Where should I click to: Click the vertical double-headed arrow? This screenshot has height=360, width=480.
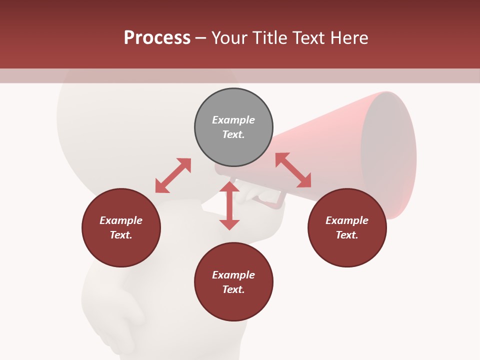pos(229,205)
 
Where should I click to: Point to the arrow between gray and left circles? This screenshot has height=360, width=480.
pos(173,175)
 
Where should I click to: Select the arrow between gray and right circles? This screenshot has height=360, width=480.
pos(293,170)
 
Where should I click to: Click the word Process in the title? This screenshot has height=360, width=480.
pos(157,38)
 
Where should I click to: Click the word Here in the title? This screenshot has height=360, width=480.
pos(348,38)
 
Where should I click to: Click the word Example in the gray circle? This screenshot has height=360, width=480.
pos(233,120)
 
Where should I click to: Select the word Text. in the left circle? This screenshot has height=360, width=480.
pos(121,235)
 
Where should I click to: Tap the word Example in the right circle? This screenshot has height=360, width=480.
pos(347,220)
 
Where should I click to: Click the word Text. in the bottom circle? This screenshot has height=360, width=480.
pos(233,289)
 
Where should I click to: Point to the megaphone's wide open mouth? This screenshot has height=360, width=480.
pos(388,155)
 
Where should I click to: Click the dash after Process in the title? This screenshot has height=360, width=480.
pos(201,38)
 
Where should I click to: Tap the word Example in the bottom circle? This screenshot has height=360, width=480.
pos(233,275)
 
